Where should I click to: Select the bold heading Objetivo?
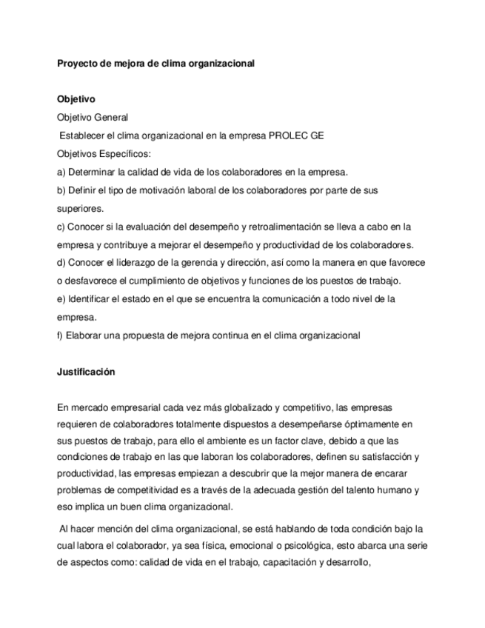click(x=76, y=98)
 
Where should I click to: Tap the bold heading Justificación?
click(x=86, y=372)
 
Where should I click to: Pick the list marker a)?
click(x=61, y=172)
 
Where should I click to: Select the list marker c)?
click(x=61, y=226)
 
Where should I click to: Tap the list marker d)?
click(x=61, y=262)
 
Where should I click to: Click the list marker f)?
click(x=61, y=335)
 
